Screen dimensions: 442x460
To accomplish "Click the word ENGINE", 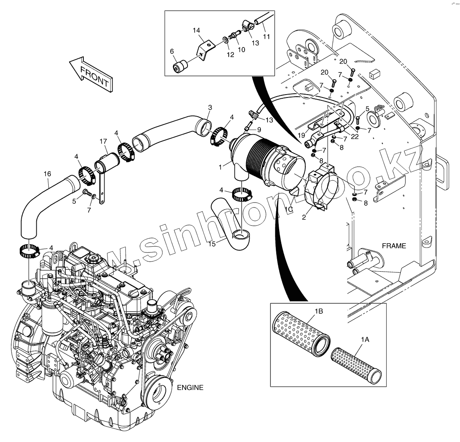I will pos(190,387).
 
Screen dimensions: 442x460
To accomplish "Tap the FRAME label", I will pos(394,246).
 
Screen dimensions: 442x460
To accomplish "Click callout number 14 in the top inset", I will pos(197,30).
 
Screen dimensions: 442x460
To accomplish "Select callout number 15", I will pos(212,244).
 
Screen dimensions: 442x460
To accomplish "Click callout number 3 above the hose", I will pos(210,107).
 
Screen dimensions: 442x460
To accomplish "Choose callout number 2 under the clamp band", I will pos(304,217).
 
